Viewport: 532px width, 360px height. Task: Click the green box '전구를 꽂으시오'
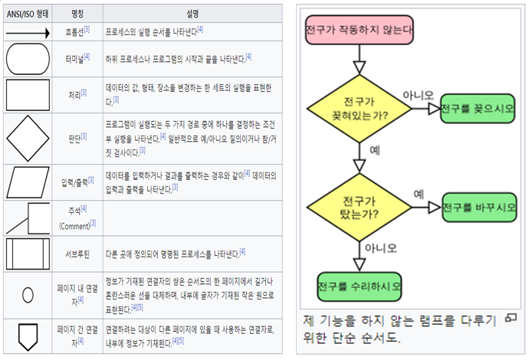pos(477,109)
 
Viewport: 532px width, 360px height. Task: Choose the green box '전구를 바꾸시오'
pos(478,207)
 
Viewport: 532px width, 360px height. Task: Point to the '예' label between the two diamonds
pos(374,150)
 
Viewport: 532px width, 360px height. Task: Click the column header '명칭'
pos(77,13)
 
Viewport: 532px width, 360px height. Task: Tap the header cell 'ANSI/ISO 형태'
pos(28,13)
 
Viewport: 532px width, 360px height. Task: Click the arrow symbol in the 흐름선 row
pos(28,32)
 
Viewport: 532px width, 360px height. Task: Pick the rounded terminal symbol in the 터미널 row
pos(28,57)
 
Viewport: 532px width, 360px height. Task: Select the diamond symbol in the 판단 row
pos(28,137)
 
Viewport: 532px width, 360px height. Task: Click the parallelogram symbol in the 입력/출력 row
pos(28,182)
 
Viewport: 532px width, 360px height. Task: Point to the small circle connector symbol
pos(28,294)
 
